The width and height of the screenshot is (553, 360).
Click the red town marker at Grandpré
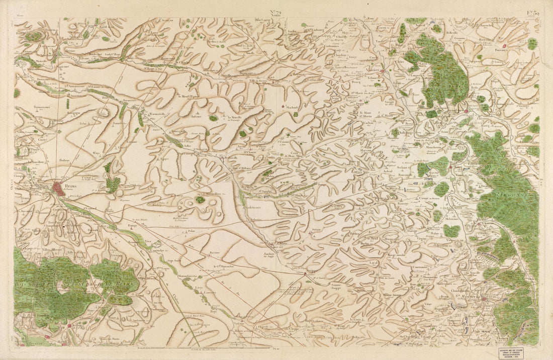pyautogui.click(x=466, y=110)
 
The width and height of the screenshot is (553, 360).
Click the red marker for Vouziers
pyautogui.click(x=382, y=71)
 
